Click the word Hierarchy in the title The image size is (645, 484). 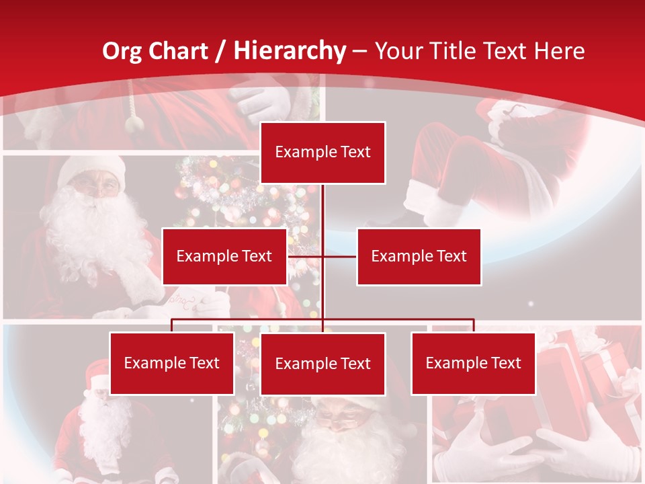[290, 51]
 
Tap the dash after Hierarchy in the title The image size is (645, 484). [359, 52]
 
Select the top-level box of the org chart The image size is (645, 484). [323, 153]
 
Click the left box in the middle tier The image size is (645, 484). [224, 256]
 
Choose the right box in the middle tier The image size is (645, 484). [419, 256]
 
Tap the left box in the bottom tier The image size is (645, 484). [172, 364]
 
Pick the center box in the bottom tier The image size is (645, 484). [323, 364]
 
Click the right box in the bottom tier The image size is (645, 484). [474, 364]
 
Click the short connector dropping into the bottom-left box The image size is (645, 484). [172, 325]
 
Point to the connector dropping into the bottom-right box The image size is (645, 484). [474, 325]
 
